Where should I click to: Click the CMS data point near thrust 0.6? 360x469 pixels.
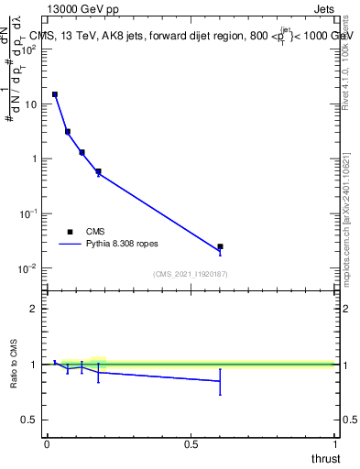pos(220,246)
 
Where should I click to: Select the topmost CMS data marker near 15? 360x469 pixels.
pos(55,94)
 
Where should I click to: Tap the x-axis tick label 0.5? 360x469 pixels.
pos(191,443)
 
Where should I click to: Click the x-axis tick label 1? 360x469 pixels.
pos(334,443)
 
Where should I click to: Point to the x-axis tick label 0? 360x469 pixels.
pos(47,443)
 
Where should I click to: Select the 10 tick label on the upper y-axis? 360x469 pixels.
pos(30,104)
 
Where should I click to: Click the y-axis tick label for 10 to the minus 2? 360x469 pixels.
pos(28,268)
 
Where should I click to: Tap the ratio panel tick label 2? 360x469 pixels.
pos(34,310)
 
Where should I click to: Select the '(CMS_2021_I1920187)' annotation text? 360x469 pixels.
pos(190,273)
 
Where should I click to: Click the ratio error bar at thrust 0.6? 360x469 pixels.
pos(220,381)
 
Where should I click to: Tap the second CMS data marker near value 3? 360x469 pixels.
pos(68,131)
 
